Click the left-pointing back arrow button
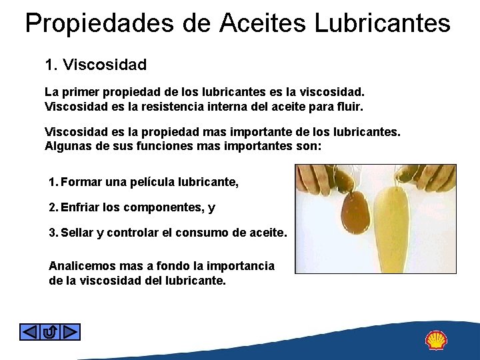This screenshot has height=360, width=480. click(29, 331)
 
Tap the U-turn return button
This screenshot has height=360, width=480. click(50, 331)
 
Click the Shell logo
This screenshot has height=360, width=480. click(436, 340)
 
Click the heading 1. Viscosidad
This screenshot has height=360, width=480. click(95, 65)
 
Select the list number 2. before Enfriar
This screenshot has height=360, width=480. click(53, 207)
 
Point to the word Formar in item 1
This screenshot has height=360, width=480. click(80, 182)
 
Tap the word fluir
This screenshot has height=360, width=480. click(351, 106)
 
